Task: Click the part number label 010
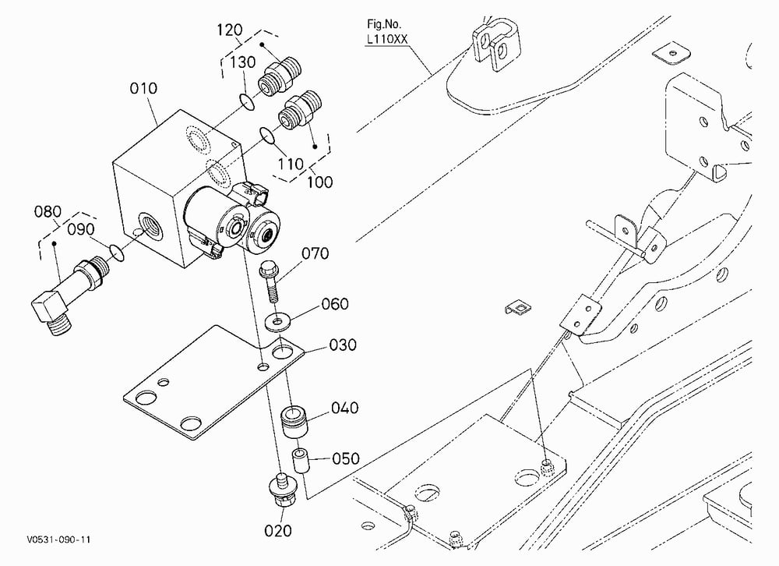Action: coord(143,88)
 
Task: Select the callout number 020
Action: coord(278,531)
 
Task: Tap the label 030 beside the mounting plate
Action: coord(343,345)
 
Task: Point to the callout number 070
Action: coord(315,253)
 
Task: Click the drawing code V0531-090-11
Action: coord(59,539)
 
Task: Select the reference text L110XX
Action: coord(387,39)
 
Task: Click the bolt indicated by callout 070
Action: coord(270,281)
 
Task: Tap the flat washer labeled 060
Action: coord(277,322)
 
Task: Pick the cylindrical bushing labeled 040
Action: coord(295,421)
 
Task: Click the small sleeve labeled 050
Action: coord(301,461)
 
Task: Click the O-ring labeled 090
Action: coord(116,252)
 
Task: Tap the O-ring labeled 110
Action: coord(268,135)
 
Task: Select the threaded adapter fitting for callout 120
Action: coord(279,76)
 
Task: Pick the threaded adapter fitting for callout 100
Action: coord(300,111)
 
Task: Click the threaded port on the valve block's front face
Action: coord(151,223)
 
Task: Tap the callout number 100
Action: coord(319,182)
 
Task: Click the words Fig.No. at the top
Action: coord(383,24)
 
